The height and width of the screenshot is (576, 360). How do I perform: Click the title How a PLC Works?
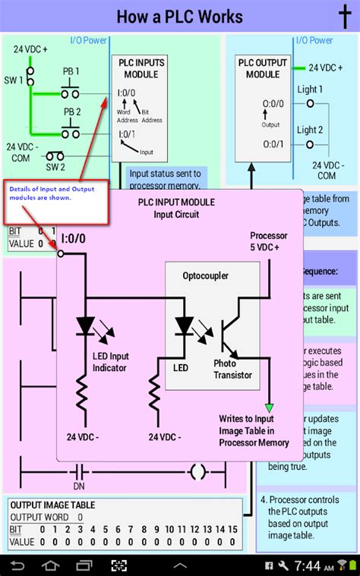point(180,16)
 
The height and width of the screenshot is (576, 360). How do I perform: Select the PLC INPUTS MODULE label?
point(140,68)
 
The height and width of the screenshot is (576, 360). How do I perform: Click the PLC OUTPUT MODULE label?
point(263,69)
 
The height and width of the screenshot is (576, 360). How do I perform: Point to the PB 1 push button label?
point(71,72)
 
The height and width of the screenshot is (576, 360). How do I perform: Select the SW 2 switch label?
point(55,167)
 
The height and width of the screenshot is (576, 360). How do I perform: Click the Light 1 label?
point(310,90)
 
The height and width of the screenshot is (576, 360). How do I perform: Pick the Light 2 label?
point(310,130)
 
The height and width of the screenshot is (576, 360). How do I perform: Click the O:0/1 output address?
point(274,144)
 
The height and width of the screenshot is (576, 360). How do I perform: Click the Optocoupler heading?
point(207,275)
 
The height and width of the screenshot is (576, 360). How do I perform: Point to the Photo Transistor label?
point(232,370)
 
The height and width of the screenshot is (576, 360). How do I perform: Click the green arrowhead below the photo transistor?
point(269,408)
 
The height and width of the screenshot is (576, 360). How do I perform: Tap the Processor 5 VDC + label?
point(270,241)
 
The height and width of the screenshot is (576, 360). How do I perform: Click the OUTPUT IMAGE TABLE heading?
point(52,505)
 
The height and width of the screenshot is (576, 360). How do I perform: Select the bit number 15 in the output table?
point(221,529)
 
